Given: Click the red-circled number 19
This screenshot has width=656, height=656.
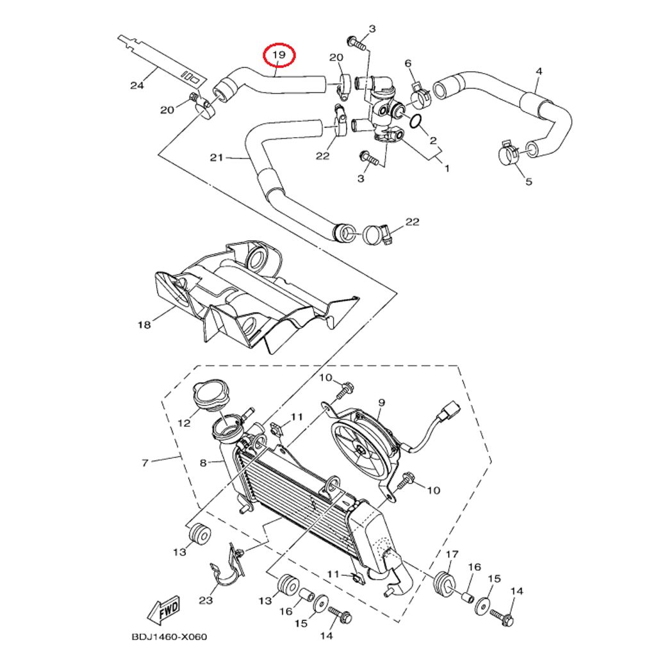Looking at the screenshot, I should [x=279, y=56].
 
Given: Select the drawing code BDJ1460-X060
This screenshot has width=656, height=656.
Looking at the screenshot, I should [x=161, y=637].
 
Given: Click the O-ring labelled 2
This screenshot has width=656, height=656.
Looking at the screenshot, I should [x=414, y=122].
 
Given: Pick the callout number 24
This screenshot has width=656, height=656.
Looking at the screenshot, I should [x=135, y=86].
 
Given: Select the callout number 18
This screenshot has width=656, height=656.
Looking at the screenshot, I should [x=143, y=325].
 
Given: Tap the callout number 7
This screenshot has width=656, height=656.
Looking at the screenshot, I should [x=145, y=462].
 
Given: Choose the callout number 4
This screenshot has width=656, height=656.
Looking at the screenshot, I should [x=538, y=70].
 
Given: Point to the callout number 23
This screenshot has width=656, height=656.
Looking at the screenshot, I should [x=206, y=600].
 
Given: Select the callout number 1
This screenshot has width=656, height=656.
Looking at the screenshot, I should [x=447, y=168].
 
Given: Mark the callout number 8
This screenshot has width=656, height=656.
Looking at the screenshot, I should [x=203, y=462].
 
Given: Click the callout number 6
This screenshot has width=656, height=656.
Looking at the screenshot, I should [x=407, y=63].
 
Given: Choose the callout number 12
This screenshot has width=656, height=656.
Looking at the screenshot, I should [x=184, y=423].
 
